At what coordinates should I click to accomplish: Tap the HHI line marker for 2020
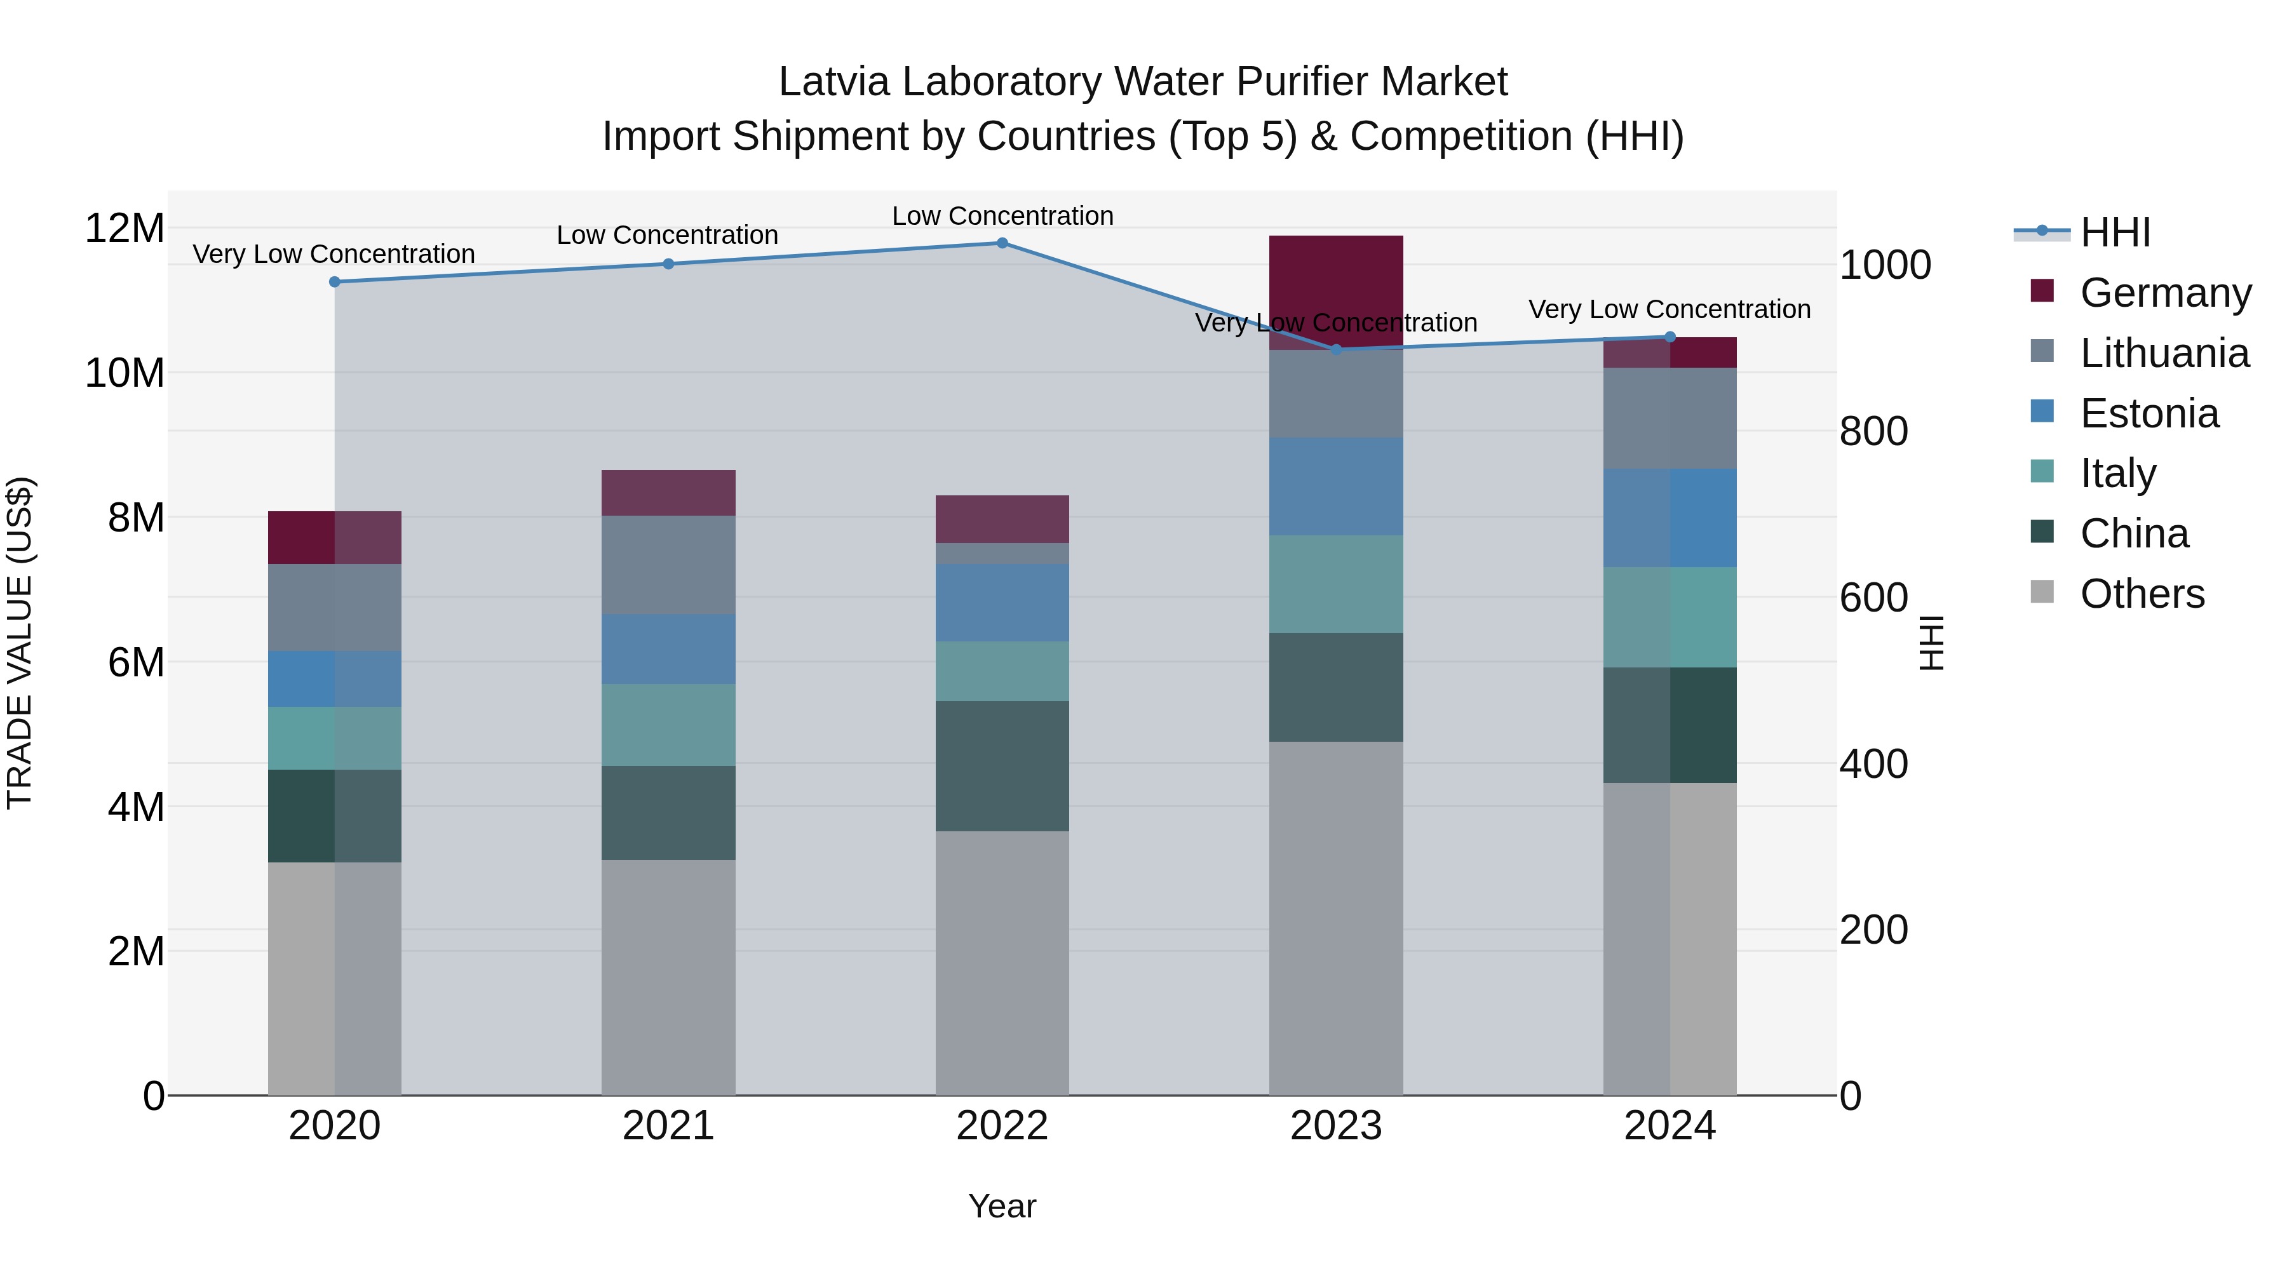pyautogui.click(x=335, y=282)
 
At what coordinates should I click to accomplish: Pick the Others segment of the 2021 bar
pyautogui.click(x=668, y=976)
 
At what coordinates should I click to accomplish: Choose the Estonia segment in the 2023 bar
pyautogui.click(x=1335, y=486)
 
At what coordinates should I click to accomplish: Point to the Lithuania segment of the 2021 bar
pyautogui.click(x=668, y=565)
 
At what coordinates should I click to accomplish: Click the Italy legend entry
pyautogui.click(x=2117, y=473)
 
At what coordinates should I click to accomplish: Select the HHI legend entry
pyautogui.click(x=2115, y=232)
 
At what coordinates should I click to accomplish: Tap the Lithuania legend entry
pyautogui.click(x=2164, y=353)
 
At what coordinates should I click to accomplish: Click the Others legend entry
pyautogui.click(x=2142, y=594)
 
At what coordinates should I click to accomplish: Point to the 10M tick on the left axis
pyautogui.click(x=125, y=373)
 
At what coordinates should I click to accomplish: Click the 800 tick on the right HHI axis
pyautogui.click(x=1873, y=431)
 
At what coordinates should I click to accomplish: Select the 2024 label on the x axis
pyautogui.click(x=1669, y=1126)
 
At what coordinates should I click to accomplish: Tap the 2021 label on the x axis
pyautogui.click(x=668, y=1126)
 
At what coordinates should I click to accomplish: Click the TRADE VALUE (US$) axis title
pyautogui.click(x=20, y=643)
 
